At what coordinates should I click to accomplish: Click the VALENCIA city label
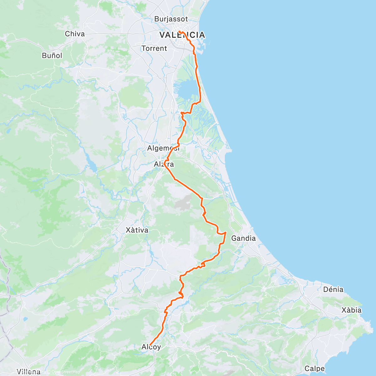pyautogui.click(x=182, y=35)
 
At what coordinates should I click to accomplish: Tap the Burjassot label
pyautogui.click(x=171, y=19)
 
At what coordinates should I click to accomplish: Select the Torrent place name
pyautogui.click(x=154, y=49)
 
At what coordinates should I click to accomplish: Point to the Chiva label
pyautogui.click(x=75, y=34)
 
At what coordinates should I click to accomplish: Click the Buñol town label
pyautogui.click(x=52, y=56)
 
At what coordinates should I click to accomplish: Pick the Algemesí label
pyautogui.click(x=163, y=148)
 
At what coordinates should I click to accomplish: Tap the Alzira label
pyautogui.click(x=164, y=164)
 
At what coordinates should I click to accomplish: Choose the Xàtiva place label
pyautogui.click(x=137, y=230)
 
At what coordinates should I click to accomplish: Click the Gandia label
pyautogui.click(x=243, y=238)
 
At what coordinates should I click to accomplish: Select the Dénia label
pyautogui.click(x=333, y=290)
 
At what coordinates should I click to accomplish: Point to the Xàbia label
pyautogui.click(x=351, y=310)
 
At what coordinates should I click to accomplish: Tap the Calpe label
pyautogui.click(x=314, y=368)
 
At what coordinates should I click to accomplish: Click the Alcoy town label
pyautogui.click(x=151, y=347)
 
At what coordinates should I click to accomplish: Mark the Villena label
pyautogui.click(x=29, y=372)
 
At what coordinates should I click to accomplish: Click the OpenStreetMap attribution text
pyautogui.click(x=65, y=372)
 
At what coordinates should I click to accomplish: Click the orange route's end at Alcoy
pyautogui.click(x=150, y=345)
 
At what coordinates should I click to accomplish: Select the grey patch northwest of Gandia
pyautogui.click(x=184, y=202)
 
